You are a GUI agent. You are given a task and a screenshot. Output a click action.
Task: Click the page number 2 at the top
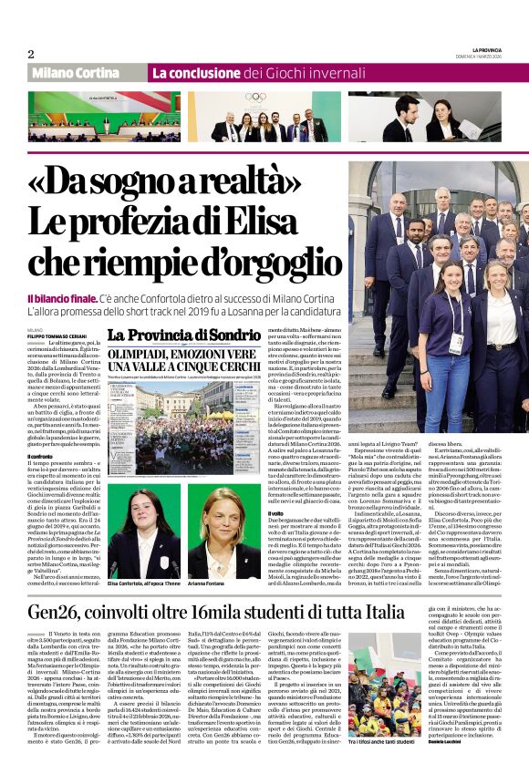click(30, 55)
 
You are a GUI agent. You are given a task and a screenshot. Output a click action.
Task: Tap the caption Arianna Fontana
click(207, 584)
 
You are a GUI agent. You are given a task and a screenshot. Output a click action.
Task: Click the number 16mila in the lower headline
click(244, 610)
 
